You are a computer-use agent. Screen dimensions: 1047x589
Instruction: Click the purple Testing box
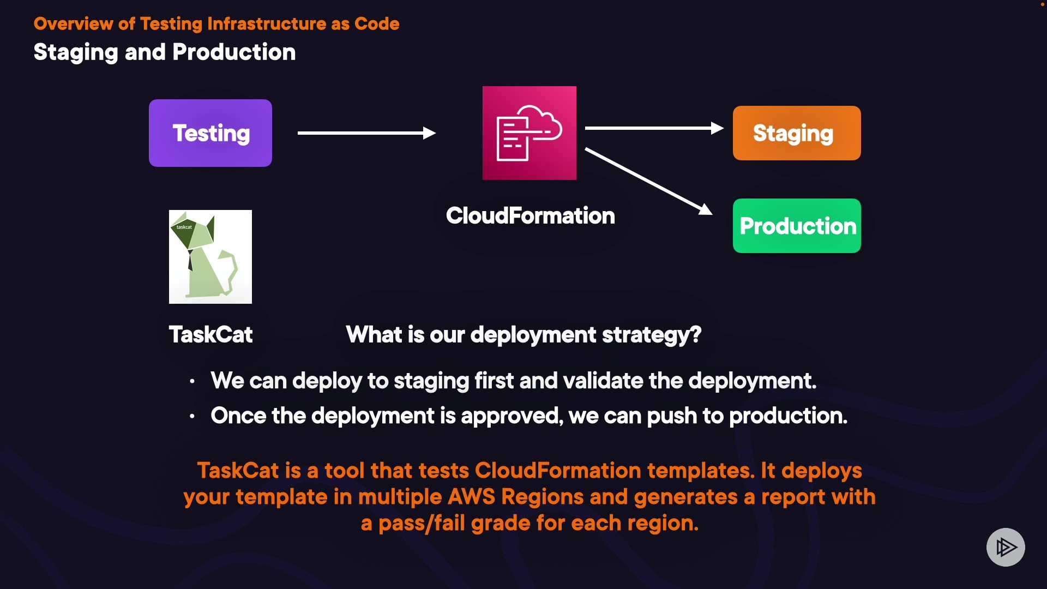[x=210, y=133]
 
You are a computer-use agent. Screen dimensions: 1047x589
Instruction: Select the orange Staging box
[x=797, y=133]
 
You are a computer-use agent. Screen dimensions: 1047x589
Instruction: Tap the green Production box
[x=797, y=226]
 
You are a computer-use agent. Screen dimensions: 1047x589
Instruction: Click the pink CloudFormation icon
[x=529, y=133]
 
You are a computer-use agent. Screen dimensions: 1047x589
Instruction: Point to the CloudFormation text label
[x=531, y=216]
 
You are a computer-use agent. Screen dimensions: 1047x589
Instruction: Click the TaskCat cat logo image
[x=210, y=257]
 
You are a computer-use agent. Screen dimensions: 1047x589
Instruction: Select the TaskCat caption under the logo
[x=210, y=334]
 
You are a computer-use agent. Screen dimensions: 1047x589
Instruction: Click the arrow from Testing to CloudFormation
[x=367, y=133]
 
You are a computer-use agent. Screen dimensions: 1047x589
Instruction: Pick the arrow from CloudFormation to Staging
[x=654, y=128]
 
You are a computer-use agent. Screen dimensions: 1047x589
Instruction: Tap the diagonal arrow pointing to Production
[x=649, y=181]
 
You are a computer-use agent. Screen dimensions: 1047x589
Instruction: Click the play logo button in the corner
[x=1006, y=547]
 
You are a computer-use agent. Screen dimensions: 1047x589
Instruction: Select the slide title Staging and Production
[x=165, y=53]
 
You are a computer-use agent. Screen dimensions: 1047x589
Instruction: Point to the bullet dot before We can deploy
[x=192, y=381]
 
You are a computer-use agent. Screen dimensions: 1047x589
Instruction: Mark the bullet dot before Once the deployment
[x=192, y=417]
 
